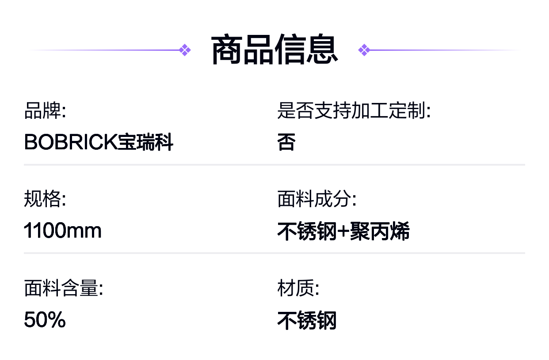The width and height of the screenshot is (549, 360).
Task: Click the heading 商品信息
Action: point(274,50)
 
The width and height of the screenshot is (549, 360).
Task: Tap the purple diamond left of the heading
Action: point(185,50)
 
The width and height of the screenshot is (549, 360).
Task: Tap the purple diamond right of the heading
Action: point(364,50)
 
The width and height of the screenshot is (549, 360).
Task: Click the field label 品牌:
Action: point(45,110)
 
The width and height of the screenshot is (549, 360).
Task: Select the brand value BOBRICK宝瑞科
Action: point(99,142)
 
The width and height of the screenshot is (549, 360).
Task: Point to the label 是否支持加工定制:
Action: point(354,110)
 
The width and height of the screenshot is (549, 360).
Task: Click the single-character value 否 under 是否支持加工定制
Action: point(286,142)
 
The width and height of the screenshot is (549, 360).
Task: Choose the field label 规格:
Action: point(45,199)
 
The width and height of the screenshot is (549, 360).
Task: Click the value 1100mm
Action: point(62,230)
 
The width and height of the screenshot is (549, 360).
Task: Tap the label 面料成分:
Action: point(317,199)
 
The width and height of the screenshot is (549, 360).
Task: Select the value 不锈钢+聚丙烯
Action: point(343,231)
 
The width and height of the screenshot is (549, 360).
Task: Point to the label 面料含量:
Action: point(64,288)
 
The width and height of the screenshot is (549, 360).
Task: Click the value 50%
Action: point(45,320)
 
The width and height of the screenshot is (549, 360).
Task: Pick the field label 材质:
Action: point(298,288)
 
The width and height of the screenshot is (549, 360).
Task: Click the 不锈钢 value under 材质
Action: point(307,320)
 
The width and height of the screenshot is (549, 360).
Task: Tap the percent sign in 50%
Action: point(57,320)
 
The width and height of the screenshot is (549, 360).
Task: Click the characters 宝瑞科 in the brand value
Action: point(145,142)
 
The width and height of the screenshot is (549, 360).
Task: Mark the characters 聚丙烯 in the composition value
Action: point(380,231)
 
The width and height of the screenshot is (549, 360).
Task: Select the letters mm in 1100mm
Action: point(84,231)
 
